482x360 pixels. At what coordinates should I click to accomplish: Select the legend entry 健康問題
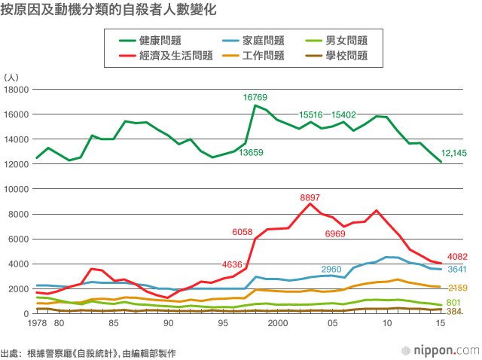pos(160,40)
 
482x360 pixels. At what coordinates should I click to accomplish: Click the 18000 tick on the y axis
pos(16,90)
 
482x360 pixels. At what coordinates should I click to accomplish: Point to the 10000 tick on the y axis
pos(16,189)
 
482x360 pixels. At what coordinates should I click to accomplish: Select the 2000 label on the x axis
pos(278,323)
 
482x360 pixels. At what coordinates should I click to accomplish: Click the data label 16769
pos(255,97)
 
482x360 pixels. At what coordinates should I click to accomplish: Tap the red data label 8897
pos(310,198)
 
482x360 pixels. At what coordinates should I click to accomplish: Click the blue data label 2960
pos(331,269)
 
